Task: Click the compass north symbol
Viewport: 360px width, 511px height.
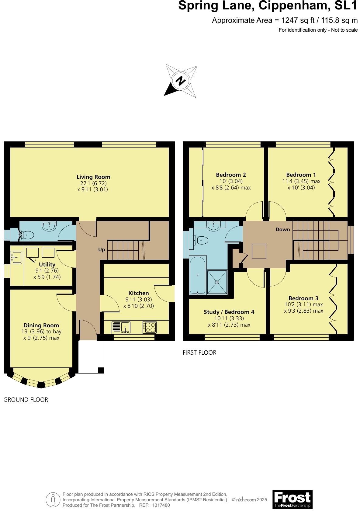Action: point(181,81)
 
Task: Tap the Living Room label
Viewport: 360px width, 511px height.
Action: point(93,177)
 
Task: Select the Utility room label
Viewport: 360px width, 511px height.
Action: point(47,264)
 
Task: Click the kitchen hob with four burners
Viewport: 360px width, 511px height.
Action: point(150,327)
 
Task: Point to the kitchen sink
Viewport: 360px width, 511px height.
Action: point(125,328)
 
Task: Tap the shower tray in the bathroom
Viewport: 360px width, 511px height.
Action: point(217,282)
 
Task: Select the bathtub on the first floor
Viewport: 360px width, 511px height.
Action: point(198,276)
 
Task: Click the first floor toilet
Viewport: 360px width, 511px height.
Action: point(202,240)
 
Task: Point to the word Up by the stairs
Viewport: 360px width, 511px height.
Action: point(102,249)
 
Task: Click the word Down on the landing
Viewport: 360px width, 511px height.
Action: point(283,229)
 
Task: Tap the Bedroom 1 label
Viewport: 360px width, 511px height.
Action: point(301,175)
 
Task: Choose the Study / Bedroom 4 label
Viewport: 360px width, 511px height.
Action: point(229,312)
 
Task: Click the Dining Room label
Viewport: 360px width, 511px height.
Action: point(41,325)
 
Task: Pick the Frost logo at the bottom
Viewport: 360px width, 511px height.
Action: point(292,499)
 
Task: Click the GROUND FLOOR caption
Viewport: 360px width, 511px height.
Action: point(26,400)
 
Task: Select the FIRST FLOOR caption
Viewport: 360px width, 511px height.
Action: point(199,353)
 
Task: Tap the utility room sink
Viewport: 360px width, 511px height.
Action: point(16,257)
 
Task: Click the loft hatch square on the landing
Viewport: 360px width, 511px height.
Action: point(259,251)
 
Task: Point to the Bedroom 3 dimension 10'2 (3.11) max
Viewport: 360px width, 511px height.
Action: point(303,304)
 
